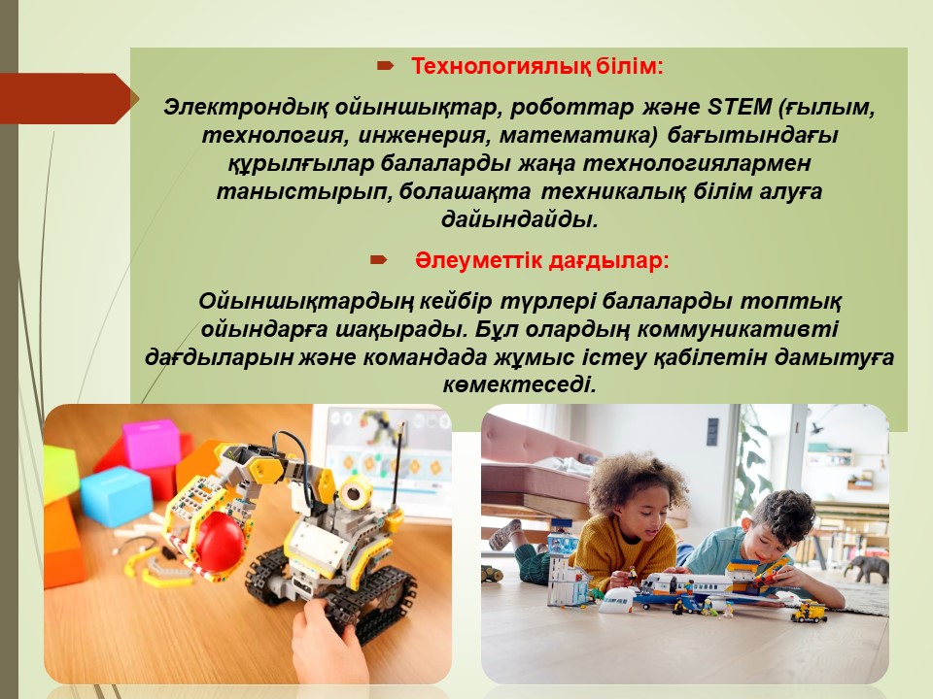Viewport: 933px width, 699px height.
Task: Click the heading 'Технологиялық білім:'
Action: (536, 67)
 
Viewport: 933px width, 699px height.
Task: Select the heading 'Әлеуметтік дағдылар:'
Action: (542, 261)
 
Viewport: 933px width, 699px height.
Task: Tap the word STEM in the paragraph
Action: (740, 108)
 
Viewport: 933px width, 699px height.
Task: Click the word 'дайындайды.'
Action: (519, 220)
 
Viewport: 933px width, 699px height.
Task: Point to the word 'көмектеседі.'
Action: (519, 385)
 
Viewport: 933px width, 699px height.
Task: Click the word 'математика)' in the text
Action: (577, 136)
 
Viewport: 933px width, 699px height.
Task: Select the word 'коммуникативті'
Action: (738, 329)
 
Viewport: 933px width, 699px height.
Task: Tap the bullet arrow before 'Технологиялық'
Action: (386, 66)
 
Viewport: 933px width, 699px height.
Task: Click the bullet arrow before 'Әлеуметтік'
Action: (378, 260)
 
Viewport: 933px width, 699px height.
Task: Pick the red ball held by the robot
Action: (220, 541)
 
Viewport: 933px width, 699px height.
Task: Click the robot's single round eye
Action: (356, 493)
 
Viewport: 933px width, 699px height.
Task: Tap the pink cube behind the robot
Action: (151, 444)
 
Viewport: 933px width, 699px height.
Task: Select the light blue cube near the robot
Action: (116, 496)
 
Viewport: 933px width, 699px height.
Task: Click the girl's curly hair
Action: (637, 482)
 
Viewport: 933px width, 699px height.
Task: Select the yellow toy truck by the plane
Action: (809, 612)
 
